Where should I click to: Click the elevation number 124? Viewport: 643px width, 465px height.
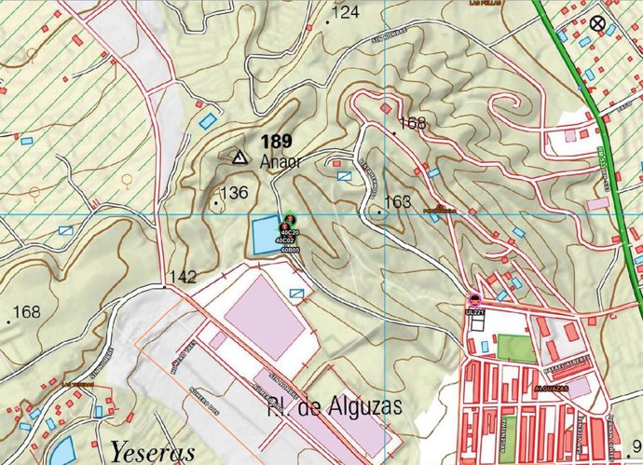point(345,12)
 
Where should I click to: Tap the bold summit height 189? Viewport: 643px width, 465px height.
point(277,142)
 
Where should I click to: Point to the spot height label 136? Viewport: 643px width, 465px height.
point(234,193)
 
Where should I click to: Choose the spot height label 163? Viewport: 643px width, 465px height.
point(397,201)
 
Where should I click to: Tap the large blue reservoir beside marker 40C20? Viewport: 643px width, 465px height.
point(264,234)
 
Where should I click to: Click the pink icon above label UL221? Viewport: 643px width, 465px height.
point(475,299)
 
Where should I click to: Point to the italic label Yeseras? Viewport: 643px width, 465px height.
point(153,452)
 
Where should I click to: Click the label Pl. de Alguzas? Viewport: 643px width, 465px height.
point(334,406)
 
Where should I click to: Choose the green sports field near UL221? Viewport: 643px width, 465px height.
point(515,349)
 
